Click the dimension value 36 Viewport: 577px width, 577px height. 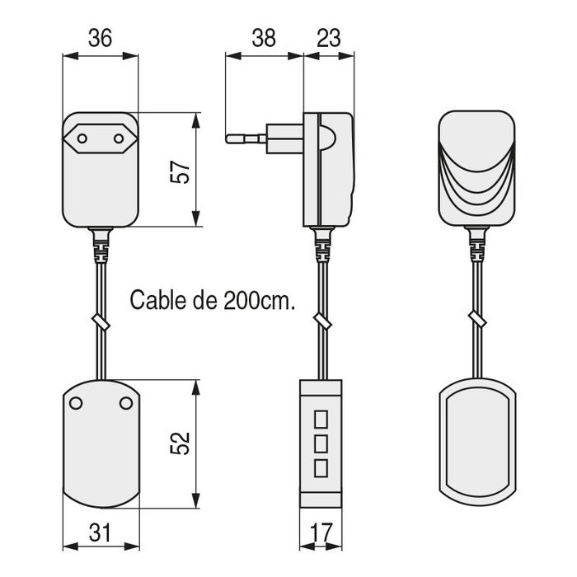pos(99,38)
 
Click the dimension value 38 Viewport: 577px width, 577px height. pos(264,38)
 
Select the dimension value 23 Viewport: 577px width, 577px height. pos(329,38)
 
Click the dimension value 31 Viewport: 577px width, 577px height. pos(99,533)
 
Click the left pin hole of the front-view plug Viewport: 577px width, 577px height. pos(82,139)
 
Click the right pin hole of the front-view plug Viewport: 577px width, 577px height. pos(117,139)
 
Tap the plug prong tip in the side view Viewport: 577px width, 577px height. pos(228,139)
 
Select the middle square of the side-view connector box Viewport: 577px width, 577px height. pos(321,442)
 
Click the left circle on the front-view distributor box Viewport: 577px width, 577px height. pos(76,402)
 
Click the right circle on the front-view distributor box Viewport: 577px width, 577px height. pos(125,402)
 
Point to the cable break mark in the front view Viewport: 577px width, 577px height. pos(100,321)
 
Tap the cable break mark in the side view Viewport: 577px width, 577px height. pos(321,321)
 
